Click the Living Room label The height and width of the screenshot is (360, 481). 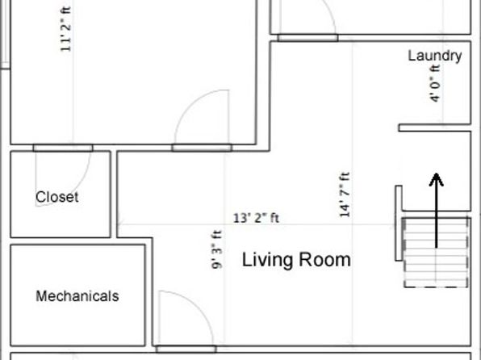tap(296, 260)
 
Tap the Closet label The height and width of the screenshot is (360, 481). tap(57, 197)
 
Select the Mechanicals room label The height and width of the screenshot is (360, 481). tap(77, 296)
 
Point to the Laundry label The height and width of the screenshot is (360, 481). tap(435, 56)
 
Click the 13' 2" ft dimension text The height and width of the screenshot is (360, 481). tap(256, 218)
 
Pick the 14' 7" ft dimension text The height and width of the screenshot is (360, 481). tap(345, 195)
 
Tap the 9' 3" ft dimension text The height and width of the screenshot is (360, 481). tap(217, 249)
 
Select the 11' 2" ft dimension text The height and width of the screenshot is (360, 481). tap(65, 28)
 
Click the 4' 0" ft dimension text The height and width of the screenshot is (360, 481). tap(435, 83)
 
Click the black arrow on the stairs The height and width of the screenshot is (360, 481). tap(436, 211)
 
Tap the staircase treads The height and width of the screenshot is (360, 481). tap(436, 253)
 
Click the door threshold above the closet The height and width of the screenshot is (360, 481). tap(63, 148)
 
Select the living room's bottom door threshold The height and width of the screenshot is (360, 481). tap(186, 349)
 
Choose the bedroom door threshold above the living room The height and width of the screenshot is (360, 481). tap(202, 148)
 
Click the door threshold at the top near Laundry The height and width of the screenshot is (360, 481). tap(307, 38)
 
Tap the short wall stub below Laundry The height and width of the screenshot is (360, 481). tap(435, 128)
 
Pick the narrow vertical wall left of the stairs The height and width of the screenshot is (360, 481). tap(399, 223)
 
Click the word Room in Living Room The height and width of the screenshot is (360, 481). tap(324, 260)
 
